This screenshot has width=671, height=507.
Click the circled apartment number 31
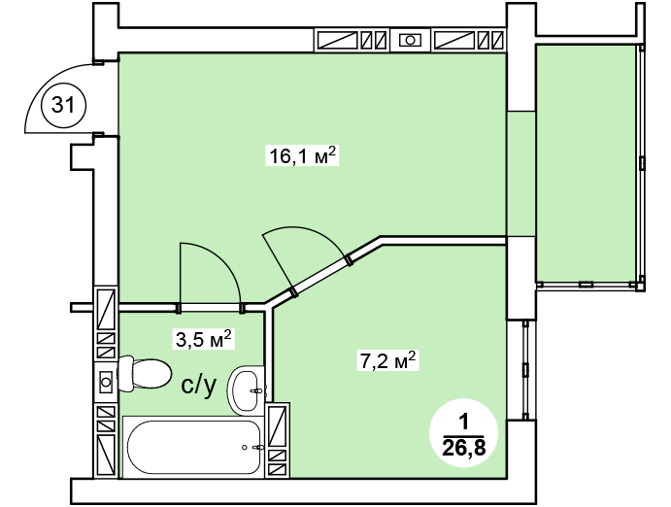(63, 105)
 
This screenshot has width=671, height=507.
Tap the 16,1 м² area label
(302, 155)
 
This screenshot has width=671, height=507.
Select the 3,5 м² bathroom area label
(203, 339)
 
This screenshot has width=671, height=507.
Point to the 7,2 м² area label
(387, 360)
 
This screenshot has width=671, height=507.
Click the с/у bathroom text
(198, 386)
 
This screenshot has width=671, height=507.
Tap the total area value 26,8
(464, 448)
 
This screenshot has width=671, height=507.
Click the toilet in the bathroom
(144, 374)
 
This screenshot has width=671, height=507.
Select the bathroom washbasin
(247, 390)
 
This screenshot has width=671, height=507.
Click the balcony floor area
(586, 163)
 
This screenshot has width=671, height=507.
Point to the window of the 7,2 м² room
(525, 370)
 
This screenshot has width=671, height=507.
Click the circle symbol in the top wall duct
(410, 40)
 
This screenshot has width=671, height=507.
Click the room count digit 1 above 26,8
(464, 423)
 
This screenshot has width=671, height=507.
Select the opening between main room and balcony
(521, 174)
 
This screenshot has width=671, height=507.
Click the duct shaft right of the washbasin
(278, 440)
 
